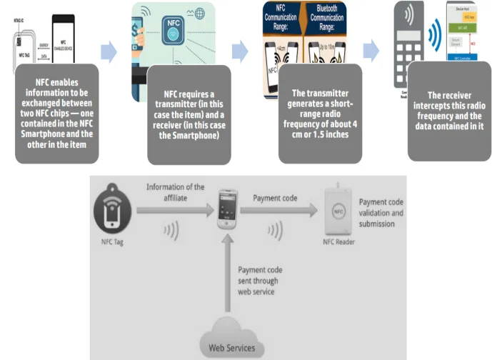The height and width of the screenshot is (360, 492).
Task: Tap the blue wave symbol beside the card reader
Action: tap(433, 34)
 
